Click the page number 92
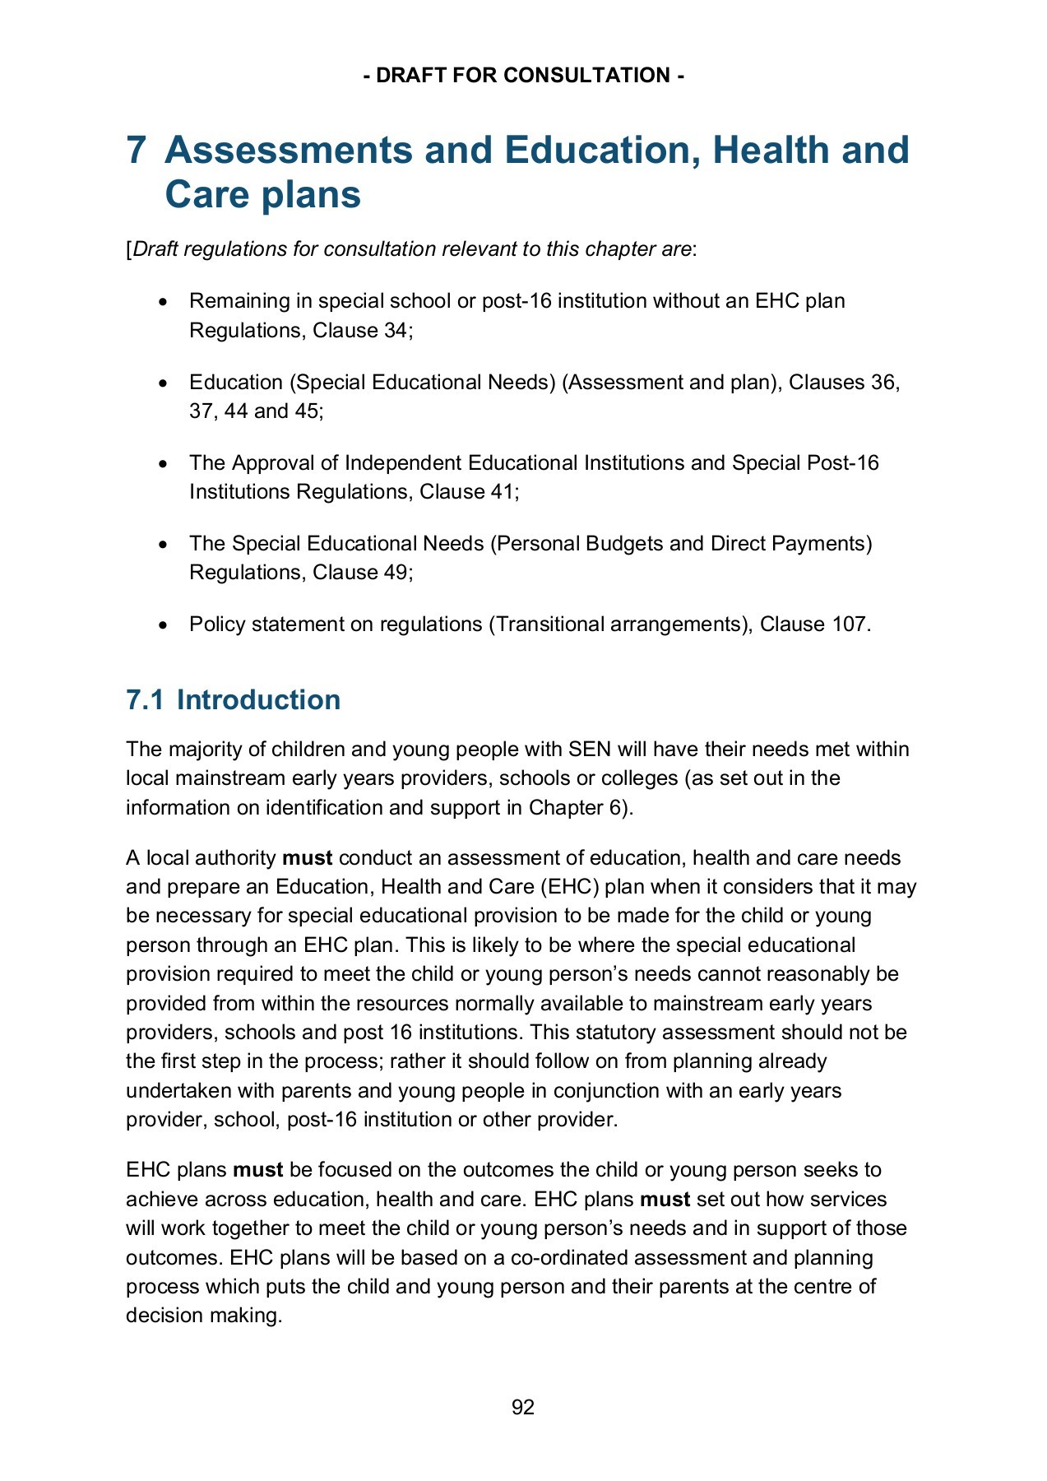pyautogui.click(x=523, y=1407)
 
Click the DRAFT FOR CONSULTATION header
pyautogui.click(x=523, y=76)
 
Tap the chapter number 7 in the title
pyautogui.click(x=137, y=151)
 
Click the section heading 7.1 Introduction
pyautogui.click(x=233, y=699)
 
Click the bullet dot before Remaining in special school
pyautogui.click(x=164, y=302)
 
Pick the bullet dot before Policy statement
pyautogui.click(x=164, y=625)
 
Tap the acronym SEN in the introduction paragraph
pyautogui.click(x=588, y=749)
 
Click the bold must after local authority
pyautogui.click(x=307, y=857)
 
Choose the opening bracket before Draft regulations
pyautogui.click(x=128, y=249)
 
